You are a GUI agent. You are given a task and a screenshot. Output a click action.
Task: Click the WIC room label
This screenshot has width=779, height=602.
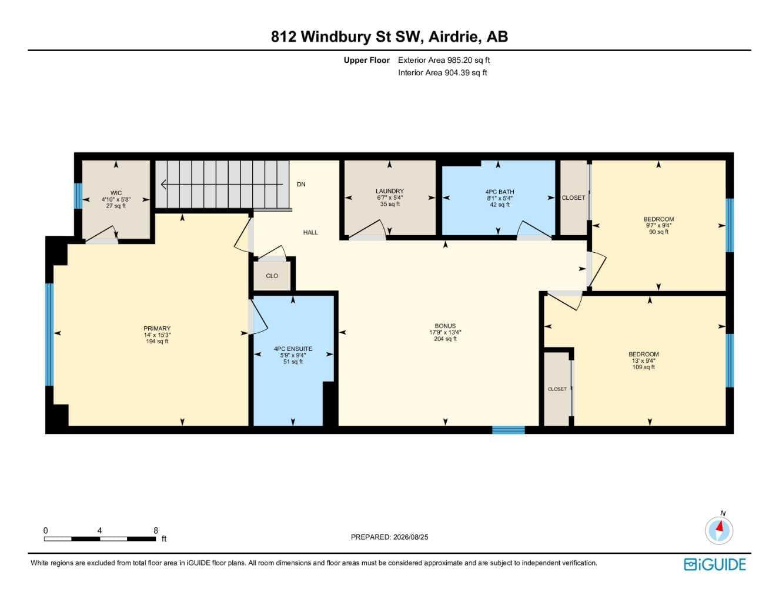(116, 193)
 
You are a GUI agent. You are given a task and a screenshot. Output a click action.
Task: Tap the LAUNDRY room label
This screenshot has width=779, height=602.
(390, 191)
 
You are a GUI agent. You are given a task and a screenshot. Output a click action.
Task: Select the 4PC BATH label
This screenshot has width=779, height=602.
(500, 192)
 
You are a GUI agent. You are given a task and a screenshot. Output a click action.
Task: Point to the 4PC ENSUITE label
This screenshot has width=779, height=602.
(293, 349)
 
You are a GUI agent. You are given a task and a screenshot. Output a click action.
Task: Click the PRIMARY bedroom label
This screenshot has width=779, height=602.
(157, 329)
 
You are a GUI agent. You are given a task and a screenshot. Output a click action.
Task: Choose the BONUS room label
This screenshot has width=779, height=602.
(445, 326)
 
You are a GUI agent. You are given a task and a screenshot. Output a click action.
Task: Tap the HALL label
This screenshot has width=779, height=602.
(310, 233)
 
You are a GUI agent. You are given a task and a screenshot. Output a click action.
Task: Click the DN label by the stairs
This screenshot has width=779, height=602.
(301, 185)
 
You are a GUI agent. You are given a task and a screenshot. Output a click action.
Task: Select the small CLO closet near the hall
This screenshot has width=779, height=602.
(272, 276)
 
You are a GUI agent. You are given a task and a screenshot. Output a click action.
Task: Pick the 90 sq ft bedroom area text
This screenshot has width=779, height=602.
(658, 232)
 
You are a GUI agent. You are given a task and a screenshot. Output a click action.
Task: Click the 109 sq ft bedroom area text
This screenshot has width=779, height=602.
(644, 367)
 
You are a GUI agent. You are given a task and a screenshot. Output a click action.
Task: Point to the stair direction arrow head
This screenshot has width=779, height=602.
(163, 185)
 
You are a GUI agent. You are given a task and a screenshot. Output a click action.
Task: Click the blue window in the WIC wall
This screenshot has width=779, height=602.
(78, 196)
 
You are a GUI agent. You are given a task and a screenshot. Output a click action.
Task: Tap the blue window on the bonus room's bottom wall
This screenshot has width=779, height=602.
(509, 430)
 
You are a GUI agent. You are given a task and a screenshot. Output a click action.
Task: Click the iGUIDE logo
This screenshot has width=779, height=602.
(715, 564)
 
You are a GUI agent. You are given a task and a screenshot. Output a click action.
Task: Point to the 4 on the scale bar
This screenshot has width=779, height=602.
(100, 531)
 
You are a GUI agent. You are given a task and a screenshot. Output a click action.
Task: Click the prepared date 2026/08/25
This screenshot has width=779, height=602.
(410, 537)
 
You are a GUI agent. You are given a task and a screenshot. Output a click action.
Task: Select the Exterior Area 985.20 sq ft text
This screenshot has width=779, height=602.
(444, 60)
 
